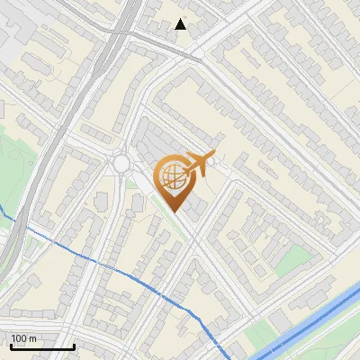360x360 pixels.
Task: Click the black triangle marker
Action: (181, 24)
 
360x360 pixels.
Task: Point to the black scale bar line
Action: (42, 347)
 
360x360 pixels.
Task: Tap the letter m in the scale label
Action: (33, 338)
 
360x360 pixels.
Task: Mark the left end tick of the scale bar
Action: (12, 346)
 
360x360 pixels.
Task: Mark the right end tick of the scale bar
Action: (74, 346)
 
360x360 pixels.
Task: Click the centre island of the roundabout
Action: (121, 165)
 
